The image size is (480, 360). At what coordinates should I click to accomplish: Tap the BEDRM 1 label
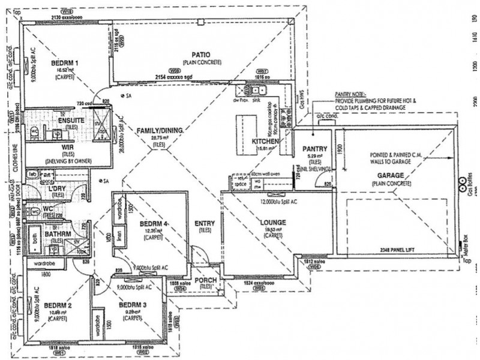[x=64, y=62]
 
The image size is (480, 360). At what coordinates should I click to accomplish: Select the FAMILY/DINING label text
[x=160, y=130]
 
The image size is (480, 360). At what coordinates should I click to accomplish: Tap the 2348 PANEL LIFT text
[x=397, y=248]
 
